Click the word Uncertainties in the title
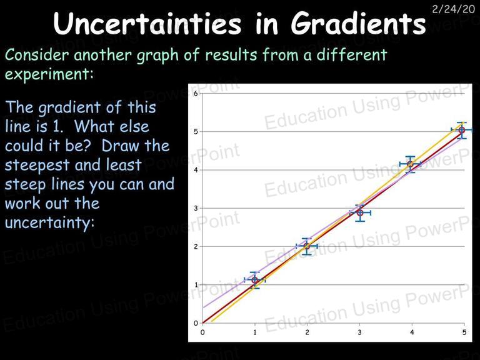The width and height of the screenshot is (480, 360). coord(147,23)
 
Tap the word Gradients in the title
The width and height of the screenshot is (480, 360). coord(358,23)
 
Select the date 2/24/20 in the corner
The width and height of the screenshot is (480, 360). coord(453,9)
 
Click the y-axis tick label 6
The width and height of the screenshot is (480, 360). coord(196,93)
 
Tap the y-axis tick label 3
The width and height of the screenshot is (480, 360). coord(196,208)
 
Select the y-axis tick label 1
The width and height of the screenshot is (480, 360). coord(196,285)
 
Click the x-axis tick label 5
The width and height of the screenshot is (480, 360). coord(464,332)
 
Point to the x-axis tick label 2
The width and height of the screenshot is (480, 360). coord(307,332)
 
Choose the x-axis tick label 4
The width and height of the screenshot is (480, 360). coord(412,332)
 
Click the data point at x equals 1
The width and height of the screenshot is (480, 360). coord(255,280)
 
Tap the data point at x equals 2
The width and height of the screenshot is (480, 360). coord(307,246)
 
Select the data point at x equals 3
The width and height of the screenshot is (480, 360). coord(360,212)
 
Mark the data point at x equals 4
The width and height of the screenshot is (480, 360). coord(410,164)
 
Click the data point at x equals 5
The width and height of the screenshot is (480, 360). coord(462,130)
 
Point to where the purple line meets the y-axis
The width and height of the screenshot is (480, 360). coord(202,307)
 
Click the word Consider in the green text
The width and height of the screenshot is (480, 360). coord(37,55)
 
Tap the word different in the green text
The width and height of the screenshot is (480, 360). coord(352,55)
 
